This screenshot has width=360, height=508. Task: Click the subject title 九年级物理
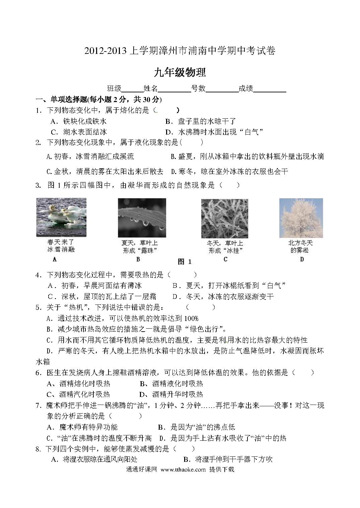click(x=180, y=72)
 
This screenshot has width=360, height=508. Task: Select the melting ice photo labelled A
click(x=61, y=217)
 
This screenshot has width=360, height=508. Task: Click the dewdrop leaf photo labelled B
click(x=142, y=218)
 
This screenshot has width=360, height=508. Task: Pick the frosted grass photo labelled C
click(x=224, y=219)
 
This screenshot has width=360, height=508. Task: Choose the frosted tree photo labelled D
click(x=301, y=218)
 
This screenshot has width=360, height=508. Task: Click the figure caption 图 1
click(x=184, y=262)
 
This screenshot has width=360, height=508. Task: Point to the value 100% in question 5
click(x=191, y=318)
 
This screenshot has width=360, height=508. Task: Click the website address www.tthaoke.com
click(x=183, y=470)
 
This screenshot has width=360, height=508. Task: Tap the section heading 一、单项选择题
click(x=61, y=100)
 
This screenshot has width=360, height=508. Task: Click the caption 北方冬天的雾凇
click(x=300, y=247)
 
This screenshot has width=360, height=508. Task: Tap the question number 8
click(x=39, y=449)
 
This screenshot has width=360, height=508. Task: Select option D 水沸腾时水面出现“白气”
click(x=214, y=132)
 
